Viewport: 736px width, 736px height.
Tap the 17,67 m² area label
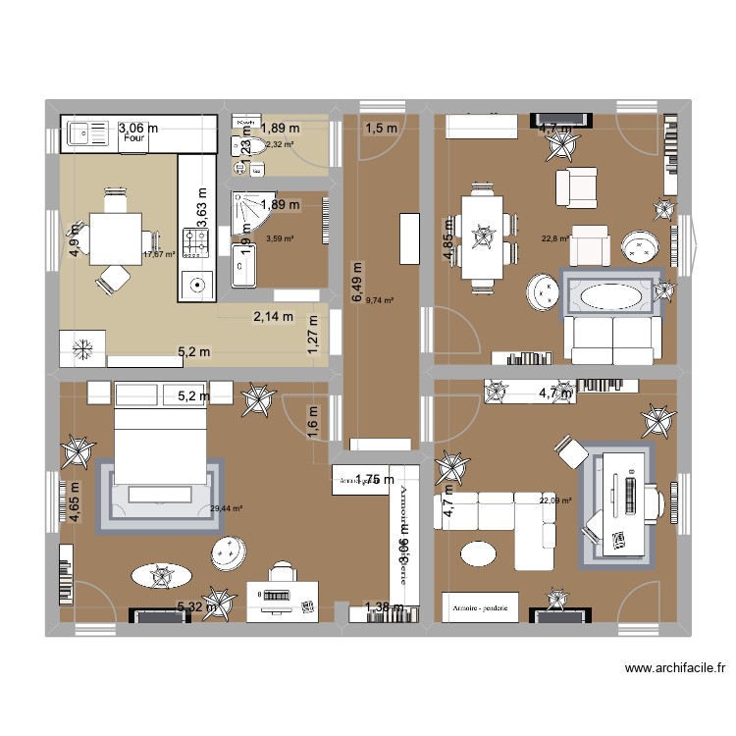click(158, 254)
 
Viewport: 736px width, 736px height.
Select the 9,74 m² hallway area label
click(380, 301)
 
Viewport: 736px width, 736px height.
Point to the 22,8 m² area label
click(555, 237)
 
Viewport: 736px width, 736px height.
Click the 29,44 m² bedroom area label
click(226, 508)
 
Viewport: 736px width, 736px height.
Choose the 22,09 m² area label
click(554, 501)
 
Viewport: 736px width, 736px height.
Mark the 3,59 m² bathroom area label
click(283, 238)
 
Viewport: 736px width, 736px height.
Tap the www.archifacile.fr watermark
click(675, 669)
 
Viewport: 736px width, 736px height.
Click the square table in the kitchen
click(116, 237)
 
